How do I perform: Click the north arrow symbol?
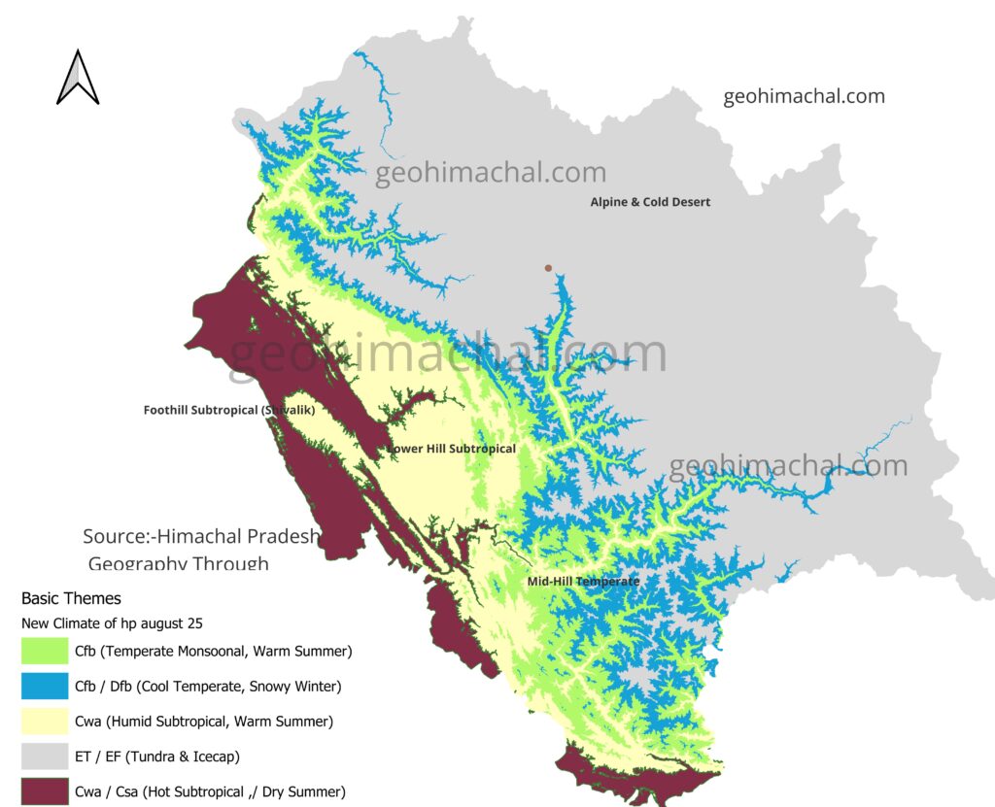pos(78,78)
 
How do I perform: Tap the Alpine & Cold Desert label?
pos(650,202)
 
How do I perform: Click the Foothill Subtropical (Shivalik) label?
pos(228,410)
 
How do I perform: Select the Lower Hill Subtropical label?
pos(451,449)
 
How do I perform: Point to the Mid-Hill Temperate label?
pos(583,581)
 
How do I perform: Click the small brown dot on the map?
pos(548,268)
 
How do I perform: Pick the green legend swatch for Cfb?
pos(44,651)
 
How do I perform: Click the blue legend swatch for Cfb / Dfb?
pos(44,687)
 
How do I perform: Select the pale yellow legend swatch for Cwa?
pos(44,722)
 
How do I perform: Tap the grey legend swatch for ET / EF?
pos(44,757)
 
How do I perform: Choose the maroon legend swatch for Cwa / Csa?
pos(44,791)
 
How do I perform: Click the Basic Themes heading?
pos(71,598)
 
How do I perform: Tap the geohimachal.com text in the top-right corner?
pos(804,96)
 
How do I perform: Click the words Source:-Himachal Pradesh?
pos(201,536)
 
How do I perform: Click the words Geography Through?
pos(178,563)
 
